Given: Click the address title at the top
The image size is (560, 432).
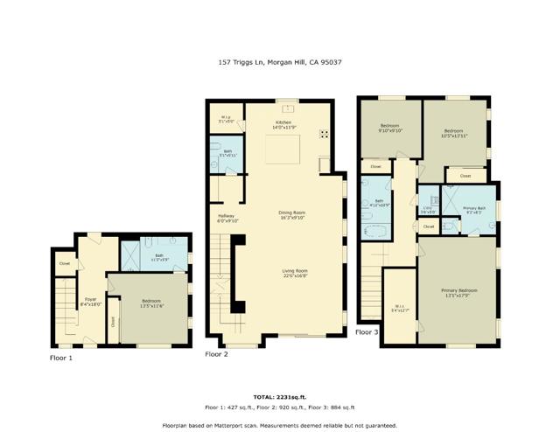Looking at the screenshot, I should (279, 62).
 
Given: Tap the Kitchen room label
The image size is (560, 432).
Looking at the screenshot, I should (283, 124).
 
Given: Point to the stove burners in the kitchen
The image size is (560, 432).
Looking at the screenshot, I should (325, 135).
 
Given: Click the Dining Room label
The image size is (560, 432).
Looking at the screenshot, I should (291, 214).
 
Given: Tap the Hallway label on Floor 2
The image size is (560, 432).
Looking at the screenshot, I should (227, 218).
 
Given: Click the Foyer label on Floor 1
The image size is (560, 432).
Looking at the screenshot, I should (90, 302).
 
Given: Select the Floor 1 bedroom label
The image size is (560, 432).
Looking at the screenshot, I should (152, 303).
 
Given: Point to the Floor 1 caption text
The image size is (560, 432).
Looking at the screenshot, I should (60, 358).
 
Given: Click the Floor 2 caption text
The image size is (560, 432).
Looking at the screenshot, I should (216, 354).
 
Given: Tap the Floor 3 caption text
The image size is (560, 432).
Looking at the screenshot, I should (367, 332).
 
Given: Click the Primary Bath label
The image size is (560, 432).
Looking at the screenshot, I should (475, 209).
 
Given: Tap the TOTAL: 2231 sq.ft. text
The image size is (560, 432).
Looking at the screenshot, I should (279, 396).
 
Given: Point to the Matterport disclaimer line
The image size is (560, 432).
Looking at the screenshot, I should (279, 424).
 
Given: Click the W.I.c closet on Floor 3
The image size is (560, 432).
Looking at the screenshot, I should (398, 308).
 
